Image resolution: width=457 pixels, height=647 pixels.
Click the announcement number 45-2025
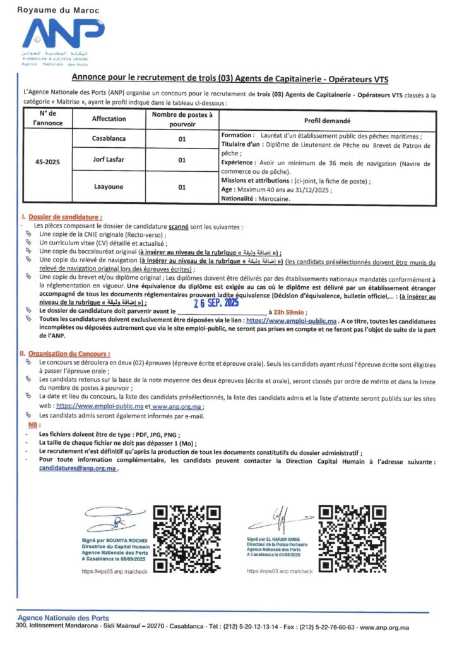pos(47,161)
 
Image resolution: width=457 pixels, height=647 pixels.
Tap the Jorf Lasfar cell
pos(109,160)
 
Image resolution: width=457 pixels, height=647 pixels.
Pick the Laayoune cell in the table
pos(109,187)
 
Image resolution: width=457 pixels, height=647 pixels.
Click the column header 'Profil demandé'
pos(326,119)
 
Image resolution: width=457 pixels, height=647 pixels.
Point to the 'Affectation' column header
pos(109,119)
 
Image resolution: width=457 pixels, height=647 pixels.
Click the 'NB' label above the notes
pos(33,426)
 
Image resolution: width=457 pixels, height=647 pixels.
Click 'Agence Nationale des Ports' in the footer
pos(63,617)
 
